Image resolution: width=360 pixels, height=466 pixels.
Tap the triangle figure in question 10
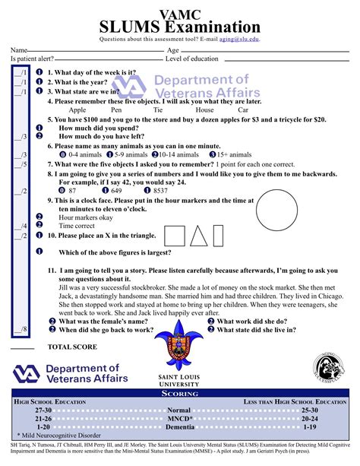coord(199,236)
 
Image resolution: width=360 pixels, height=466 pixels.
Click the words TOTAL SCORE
coord(71,347)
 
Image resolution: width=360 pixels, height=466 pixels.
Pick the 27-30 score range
coord(43,410)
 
